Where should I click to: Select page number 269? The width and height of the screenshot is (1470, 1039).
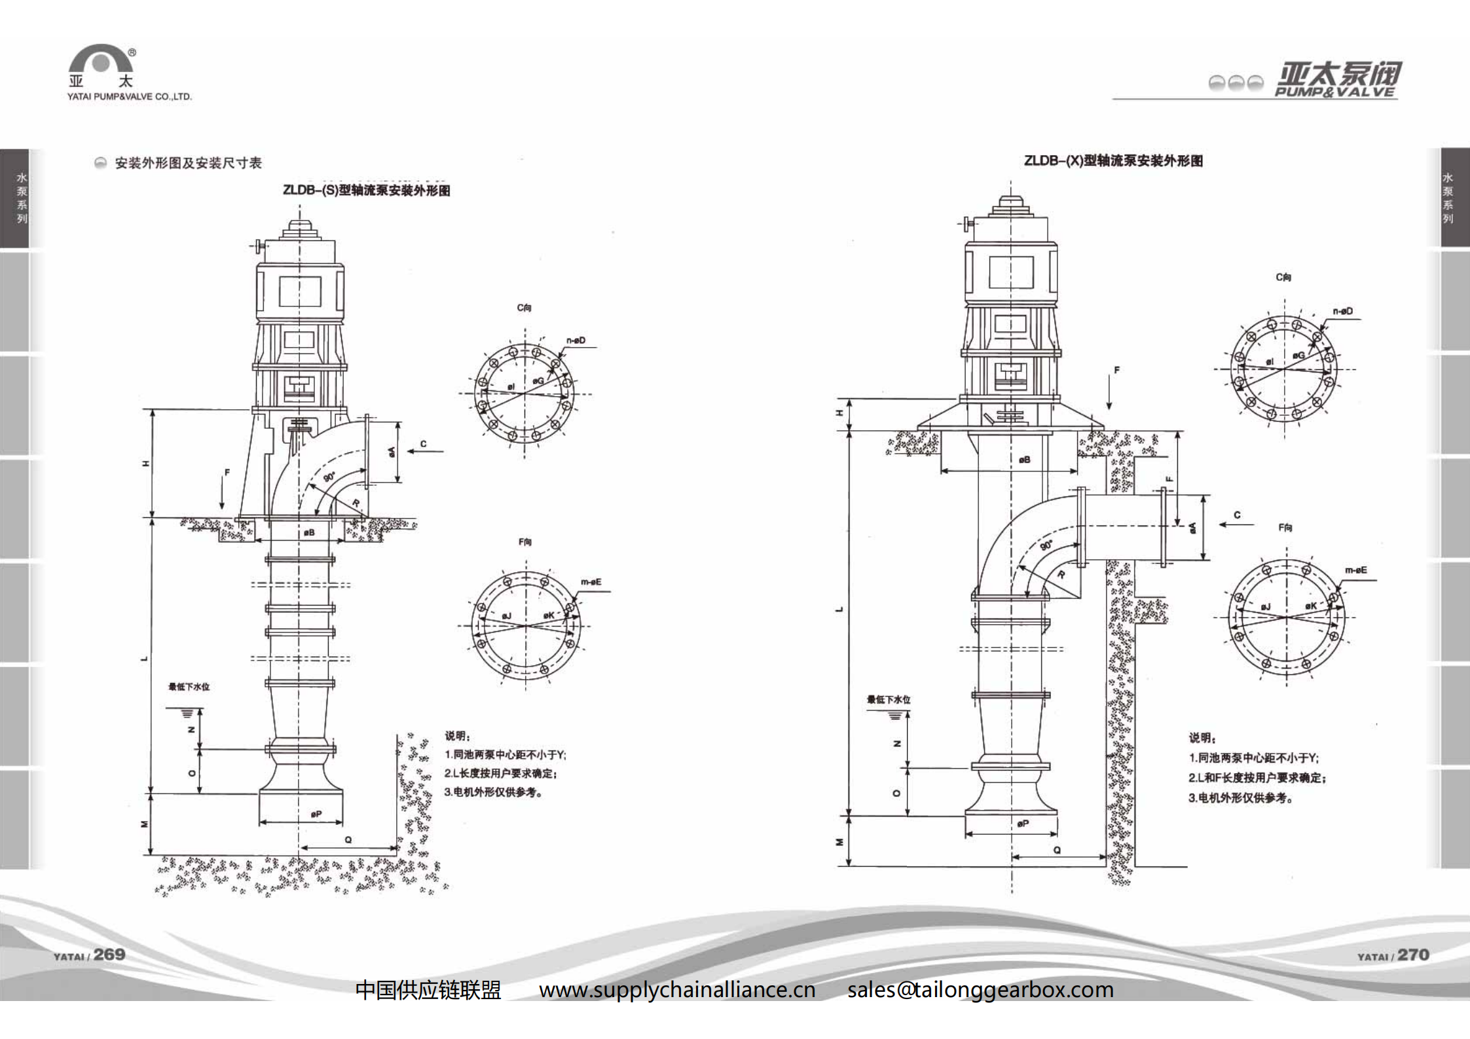pyautogui.click(x=109, y=955)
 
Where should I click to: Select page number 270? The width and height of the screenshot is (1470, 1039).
pyautogui.click(x=1413, y=955)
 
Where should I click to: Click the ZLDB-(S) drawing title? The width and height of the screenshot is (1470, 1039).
pyautogui.click(x=366, y=191)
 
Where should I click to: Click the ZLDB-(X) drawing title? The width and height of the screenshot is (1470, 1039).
pyautogui.click(x=1113, y=161)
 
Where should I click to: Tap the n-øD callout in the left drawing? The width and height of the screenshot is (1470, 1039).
pyautogui.click(x=576, y=340)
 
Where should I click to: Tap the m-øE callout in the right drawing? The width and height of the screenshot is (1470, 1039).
pyautogui.click(x=1355, y=570)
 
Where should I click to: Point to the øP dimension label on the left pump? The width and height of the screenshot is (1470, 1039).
pyautogui.click(x=316, y=814)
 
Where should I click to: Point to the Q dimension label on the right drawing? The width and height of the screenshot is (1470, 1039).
pyautogui.click(x=1057, y=850)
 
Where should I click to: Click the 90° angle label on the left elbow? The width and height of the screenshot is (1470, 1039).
pyautogui.click(x=329, y=477)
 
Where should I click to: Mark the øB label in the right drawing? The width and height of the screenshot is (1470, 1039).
pyautogui.click(x=1025, y=460)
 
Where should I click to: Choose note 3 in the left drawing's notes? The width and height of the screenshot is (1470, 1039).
pyautogui.click(x=493, y=792)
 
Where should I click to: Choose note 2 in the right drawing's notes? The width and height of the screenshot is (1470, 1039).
pyautogui.click(x=1257, y=778)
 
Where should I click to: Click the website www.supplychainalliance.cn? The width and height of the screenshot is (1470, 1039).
pyautogui.click(x=677, y=989)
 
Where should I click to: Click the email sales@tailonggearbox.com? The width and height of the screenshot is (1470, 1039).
pyautogui.click(x=980, y=989)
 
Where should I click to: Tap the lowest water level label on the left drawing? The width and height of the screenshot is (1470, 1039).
pyautogui.click(x=189, y=687)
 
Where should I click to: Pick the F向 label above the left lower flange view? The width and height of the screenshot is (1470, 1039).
pyautogui.click(x=525, y=542)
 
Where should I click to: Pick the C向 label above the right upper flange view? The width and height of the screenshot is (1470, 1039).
pyautogui.click(x=1283, y=278)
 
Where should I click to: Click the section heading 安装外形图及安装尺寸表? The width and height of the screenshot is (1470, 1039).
pyautogui.click(x=188, y=163)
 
